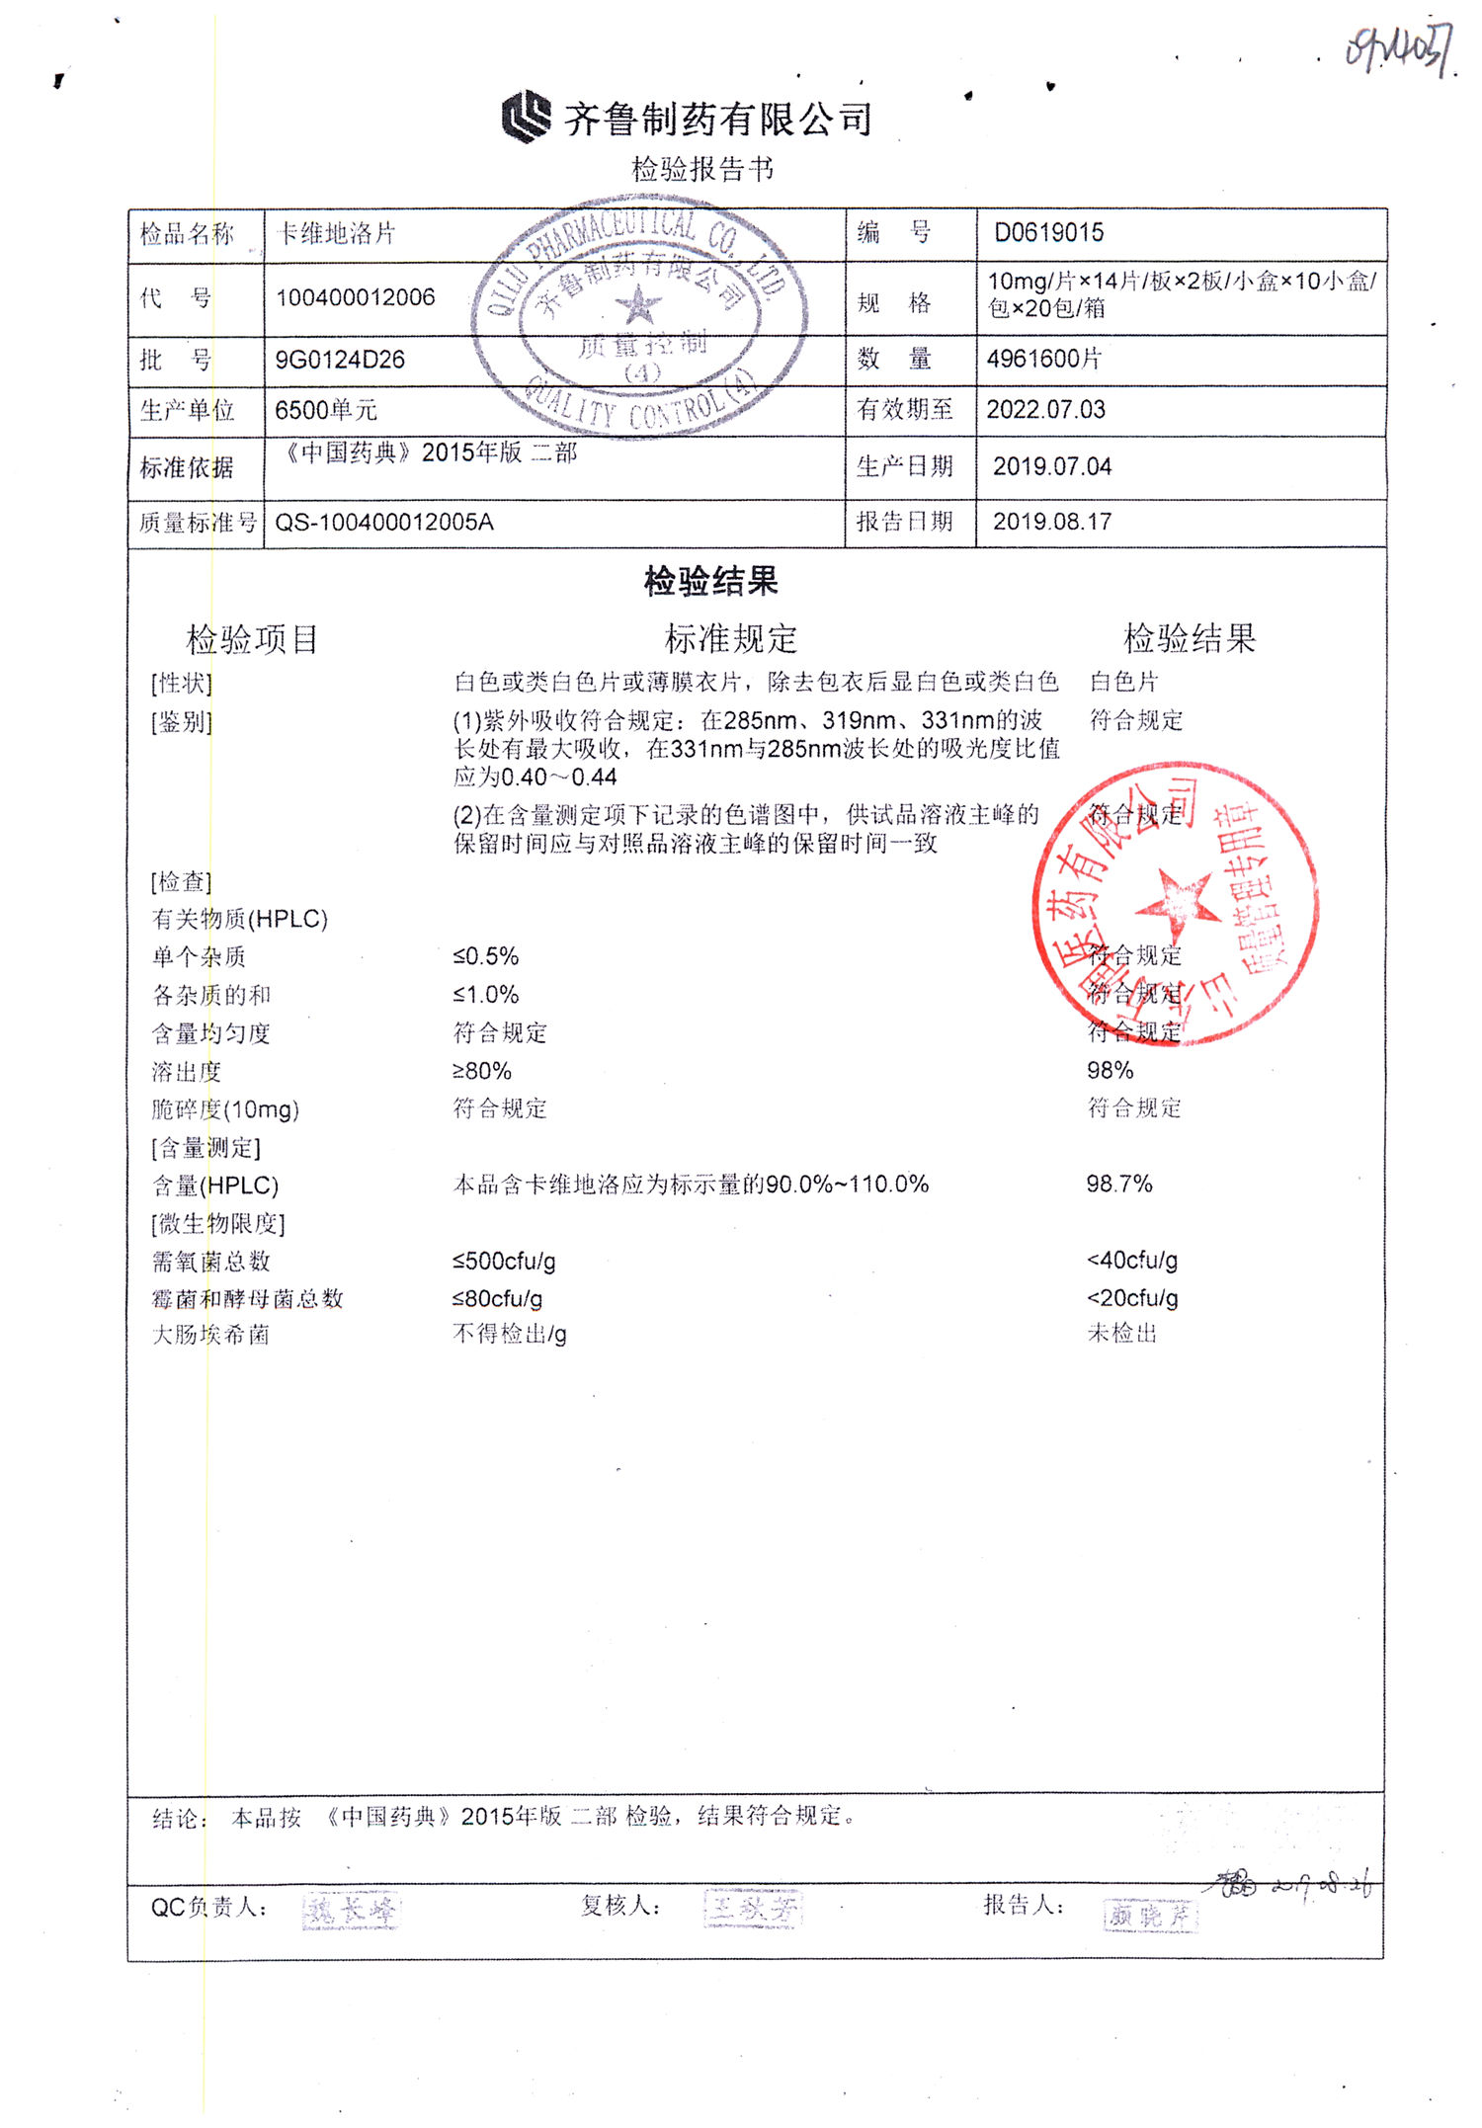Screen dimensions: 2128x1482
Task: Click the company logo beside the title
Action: click(526, 117)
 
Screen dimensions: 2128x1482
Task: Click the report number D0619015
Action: click(1048, 233)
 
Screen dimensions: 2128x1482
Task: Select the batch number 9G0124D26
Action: click(340, 360)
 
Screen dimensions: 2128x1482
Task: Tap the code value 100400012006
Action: click(355, 297)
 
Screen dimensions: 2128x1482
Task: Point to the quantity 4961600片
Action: click(1043, 359)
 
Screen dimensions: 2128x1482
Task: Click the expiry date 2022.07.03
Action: click(1045, 410)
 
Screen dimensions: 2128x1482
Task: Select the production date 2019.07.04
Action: click(1052, 466)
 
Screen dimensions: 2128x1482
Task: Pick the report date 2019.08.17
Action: click(1052, 522)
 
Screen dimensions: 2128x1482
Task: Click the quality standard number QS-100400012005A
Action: click(383, 523)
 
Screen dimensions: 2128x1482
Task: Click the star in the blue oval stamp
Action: click(639, 305)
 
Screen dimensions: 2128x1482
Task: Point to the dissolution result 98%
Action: click(1110, 1071)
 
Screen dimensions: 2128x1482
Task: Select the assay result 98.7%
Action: click(1118, 1185)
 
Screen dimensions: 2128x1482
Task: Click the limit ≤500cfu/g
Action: click(504, 1262)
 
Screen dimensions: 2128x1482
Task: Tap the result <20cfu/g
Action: click(1132, 1298)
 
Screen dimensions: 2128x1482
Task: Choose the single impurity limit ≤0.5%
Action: click(485, 956)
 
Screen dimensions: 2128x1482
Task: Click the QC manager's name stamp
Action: click(351, 1911)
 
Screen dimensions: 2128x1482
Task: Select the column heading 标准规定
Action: click(730, 639)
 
